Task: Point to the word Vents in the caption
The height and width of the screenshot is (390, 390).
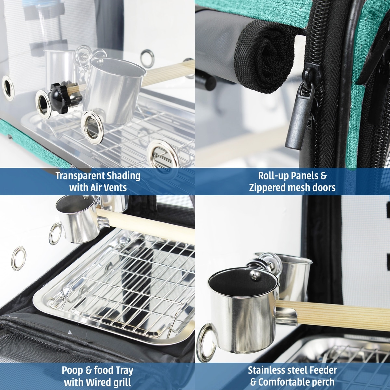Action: coord(116,188)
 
